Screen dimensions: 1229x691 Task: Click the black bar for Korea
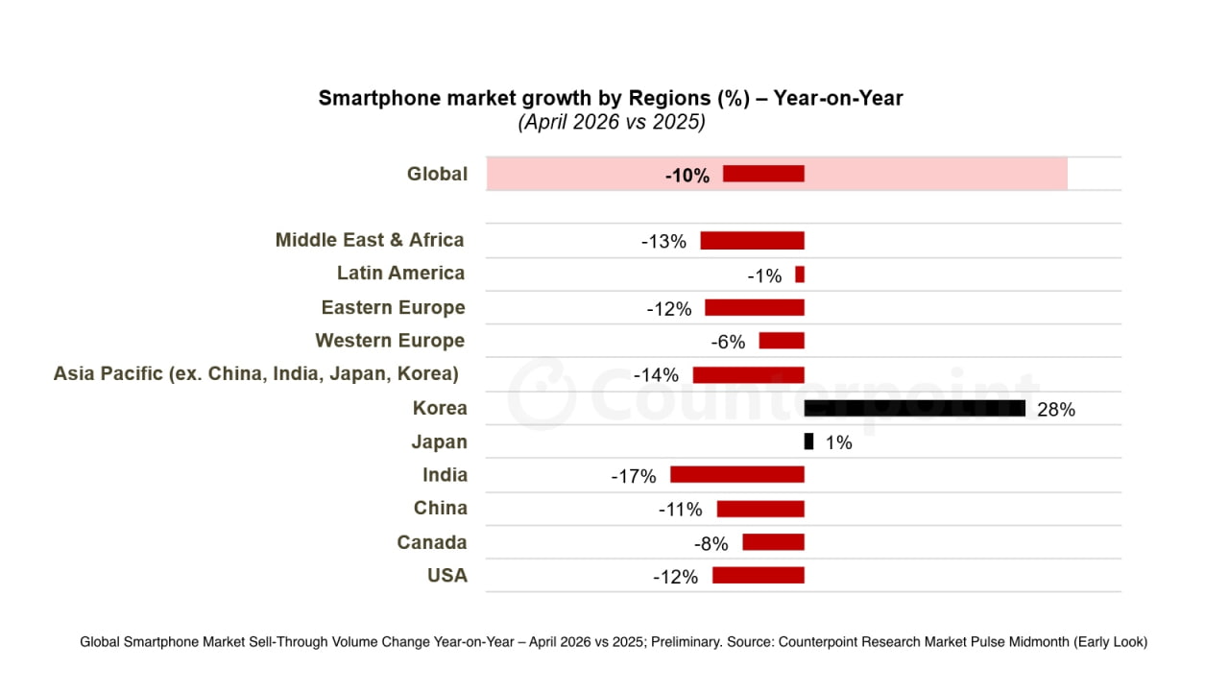click(x=915, y=409)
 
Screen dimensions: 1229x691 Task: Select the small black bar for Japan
click(x=808, y=441)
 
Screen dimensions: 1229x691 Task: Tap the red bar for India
click(x=737, y=475)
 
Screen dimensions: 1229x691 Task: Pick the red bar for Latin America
click(x=800, y=274)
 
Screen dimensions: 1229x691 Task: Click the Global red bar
click(x=763, y=174)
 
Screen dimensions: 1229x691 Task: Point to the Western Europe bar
click(x=782, y=341)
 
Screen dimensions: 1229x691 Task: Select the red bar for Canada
click(x=774, y=542)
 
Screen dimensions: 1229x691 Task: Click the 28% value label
click(x=1056, y=410)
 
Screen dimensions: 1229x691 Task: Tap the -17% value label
click(x=634, y=476)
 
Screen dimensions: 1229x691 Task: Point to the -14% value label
click(x=656, y=375)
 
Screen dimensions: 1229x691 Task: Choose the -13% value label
click(x=663, y=241)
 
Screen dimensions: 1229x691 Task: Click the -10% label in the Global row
click(x=687, y=176)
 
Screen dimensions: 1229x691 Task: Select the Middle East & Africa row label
click(x=370, y=240)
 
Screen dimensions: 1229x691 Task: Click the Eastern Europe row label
click(x=394, y=307)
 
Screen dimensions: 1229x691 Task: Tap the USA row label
click(x=447, y=575)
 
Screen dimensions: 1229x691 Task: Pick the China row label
click(x=441, y=508)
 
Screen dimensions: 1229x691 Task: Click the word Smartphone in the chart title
click(x=379, y=99)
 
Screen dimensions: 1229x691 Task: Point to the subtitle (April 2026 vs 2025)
click(x=612, y=122)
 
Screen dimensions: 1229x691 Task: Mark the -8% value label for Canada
click(x=711, y=543)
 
